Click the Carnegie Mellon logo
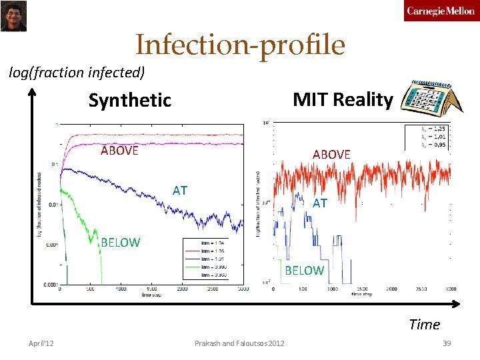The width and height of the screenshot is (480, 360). [x=441, y=11]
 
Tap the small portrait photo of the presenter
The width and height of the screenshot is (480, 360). [x=13, y=15]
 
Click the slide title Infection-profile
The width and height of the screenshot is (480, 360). [x=240, y=45]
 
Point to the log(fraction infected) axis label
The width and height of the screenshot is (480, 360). [x=77, y=72]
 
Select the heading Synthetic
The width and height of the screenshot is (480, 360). [x=130, y=101]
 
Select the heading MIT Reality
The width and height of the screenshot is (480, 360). [x=343, y=99]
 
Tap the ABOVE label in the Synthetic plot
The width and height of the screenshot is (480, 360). [x=119, y=150]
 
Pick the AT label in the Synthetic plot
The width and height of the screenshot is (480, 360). [x=180, y=191]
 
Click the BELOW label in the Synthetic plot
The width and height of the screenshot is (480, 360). [x=120, y=243]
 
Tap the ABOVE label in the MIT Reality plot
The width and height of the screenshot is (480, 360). [x=331, y=154]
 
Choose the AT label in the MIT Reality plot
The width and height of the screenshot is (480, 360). [x=320, y=203]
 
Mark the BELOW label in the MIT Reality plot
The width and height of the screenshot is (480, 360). [x=304, y=270]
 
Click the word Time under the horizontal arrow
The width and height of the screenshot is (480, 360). [x=425, y=325]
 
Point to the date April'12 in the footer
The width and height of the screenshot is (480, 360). [x=41, y=343]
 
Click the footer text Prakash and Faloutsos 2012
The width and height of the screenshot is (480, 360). [x=239, y=343]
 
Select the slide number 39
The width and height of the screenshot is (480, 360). [x=447, y=343]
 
